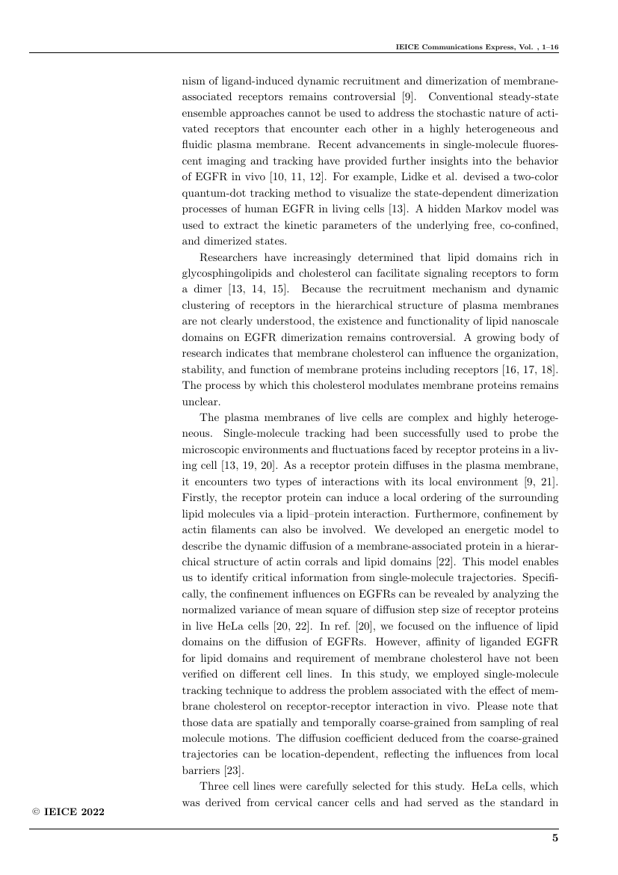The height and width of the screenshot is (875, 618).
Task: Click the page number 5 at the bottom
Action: click(x=555, y=838)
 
